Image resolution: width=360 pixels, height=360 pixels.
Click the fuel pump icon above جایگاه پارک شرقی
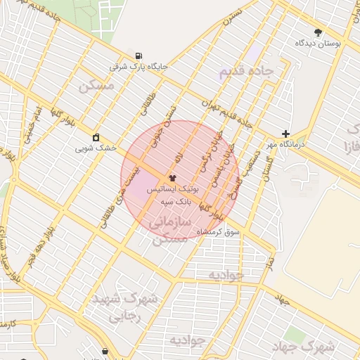(138, 56)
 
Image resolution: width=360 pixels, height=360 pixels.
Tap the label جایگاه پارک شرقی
(139, 67)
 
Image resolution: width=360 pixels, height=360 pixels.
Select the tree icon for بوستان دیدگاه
(318, 32)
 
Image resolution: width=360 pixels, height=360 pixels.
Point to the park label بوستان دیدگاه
(319, 43)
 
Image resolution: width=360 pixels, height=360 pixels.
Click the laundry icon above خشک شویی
(96, 136)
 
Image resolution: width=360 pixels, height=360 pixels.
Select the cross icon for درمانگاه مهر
(285, 134)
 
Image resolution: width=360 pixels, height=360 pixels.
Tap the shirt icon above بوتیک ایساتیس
(173, 179)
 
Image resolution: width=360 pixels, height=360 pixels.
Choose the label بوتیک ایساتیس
(173, 190)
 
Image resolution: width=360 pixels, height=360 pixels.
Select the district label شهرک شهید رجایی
(124, 307)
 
